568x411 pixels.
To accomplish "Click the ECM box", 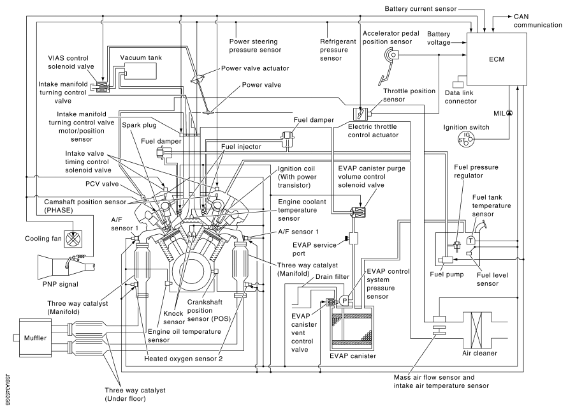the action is click(x=497, y=59).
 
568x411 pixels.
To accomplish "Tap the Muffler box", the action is click(x=35, y=338).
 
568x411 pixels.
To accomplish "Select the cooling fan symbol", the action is click(x=73, y=239).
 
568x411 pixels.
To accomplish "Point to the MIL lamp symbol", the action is click(x=509, y=113).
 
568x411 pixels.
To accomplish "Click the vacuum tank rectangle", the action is click(x=140, y=71).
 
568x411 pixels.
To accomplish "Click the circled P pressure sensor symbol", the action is click(x=344, y=301).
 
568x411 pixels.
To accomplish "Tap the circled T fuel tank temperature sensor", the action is click(x=470, y=241).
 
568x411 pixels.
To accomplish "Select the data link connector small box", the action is click(x=458, y=84).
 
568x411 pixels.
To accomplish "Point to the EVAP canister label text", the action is click(x=353, y=356).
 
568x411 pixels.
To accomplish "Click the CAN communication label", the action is click(x=537, y=20).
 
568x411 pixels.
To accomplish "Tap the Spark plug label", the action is click(x=139, y=125).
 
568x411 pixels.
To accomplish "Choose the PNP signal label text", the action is click(x=60, y=284).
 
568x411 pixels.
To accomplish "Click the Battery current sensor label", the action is click(x=420, y=9).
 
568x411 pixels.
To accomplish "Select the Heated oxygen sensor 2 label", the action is click(x=184, y=359).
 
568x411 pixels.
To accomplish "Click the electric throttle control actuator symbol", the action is click(x=360, y=114).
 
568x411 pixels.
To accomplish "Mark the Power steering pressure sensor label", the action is click(x=255, y=46).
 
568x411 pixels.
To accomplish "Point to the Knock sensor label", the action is click(x=173, y=318).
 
